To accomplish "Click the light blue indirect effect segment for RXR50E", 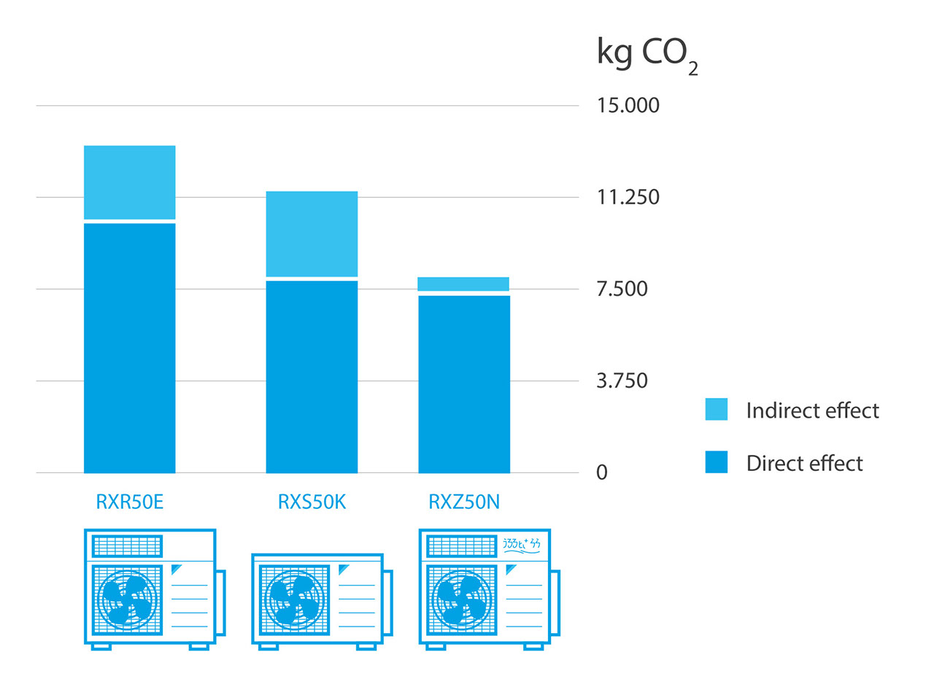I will coord(129,182).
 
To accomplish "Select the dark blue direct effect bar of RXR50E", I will coord(129,348).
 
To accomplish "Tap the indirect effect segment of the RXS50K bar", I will coord(312,234).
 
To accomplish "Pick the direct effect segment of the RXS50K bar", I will coord(312,377).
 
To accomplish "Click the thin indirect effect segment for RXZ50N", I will coord(463,284).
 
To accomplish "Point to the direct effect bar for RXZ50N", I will coord(463,384).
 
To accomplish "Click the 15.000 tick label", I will coord(628,105).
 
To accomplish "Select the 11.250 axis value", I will coord(628,197).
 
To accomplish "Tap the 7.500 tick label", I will coord(622,289).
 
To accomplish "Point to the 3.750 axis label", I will coord(622,381).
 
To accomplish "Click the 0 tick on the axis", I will coord(602,473).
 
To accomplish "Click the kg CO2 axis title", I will coord(647,55).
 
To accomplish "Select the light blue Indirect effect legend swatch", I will coord(716,410).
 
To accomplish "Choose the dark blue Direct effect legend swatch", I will coord(716,462).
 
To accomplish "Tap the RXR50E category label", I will coord(129,502).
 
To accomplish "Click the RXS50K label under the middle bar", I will coord(311,502).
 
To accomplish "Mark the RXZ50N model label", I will coord(463,502).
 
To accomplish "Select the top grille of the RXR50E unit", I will coord(127,546).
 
